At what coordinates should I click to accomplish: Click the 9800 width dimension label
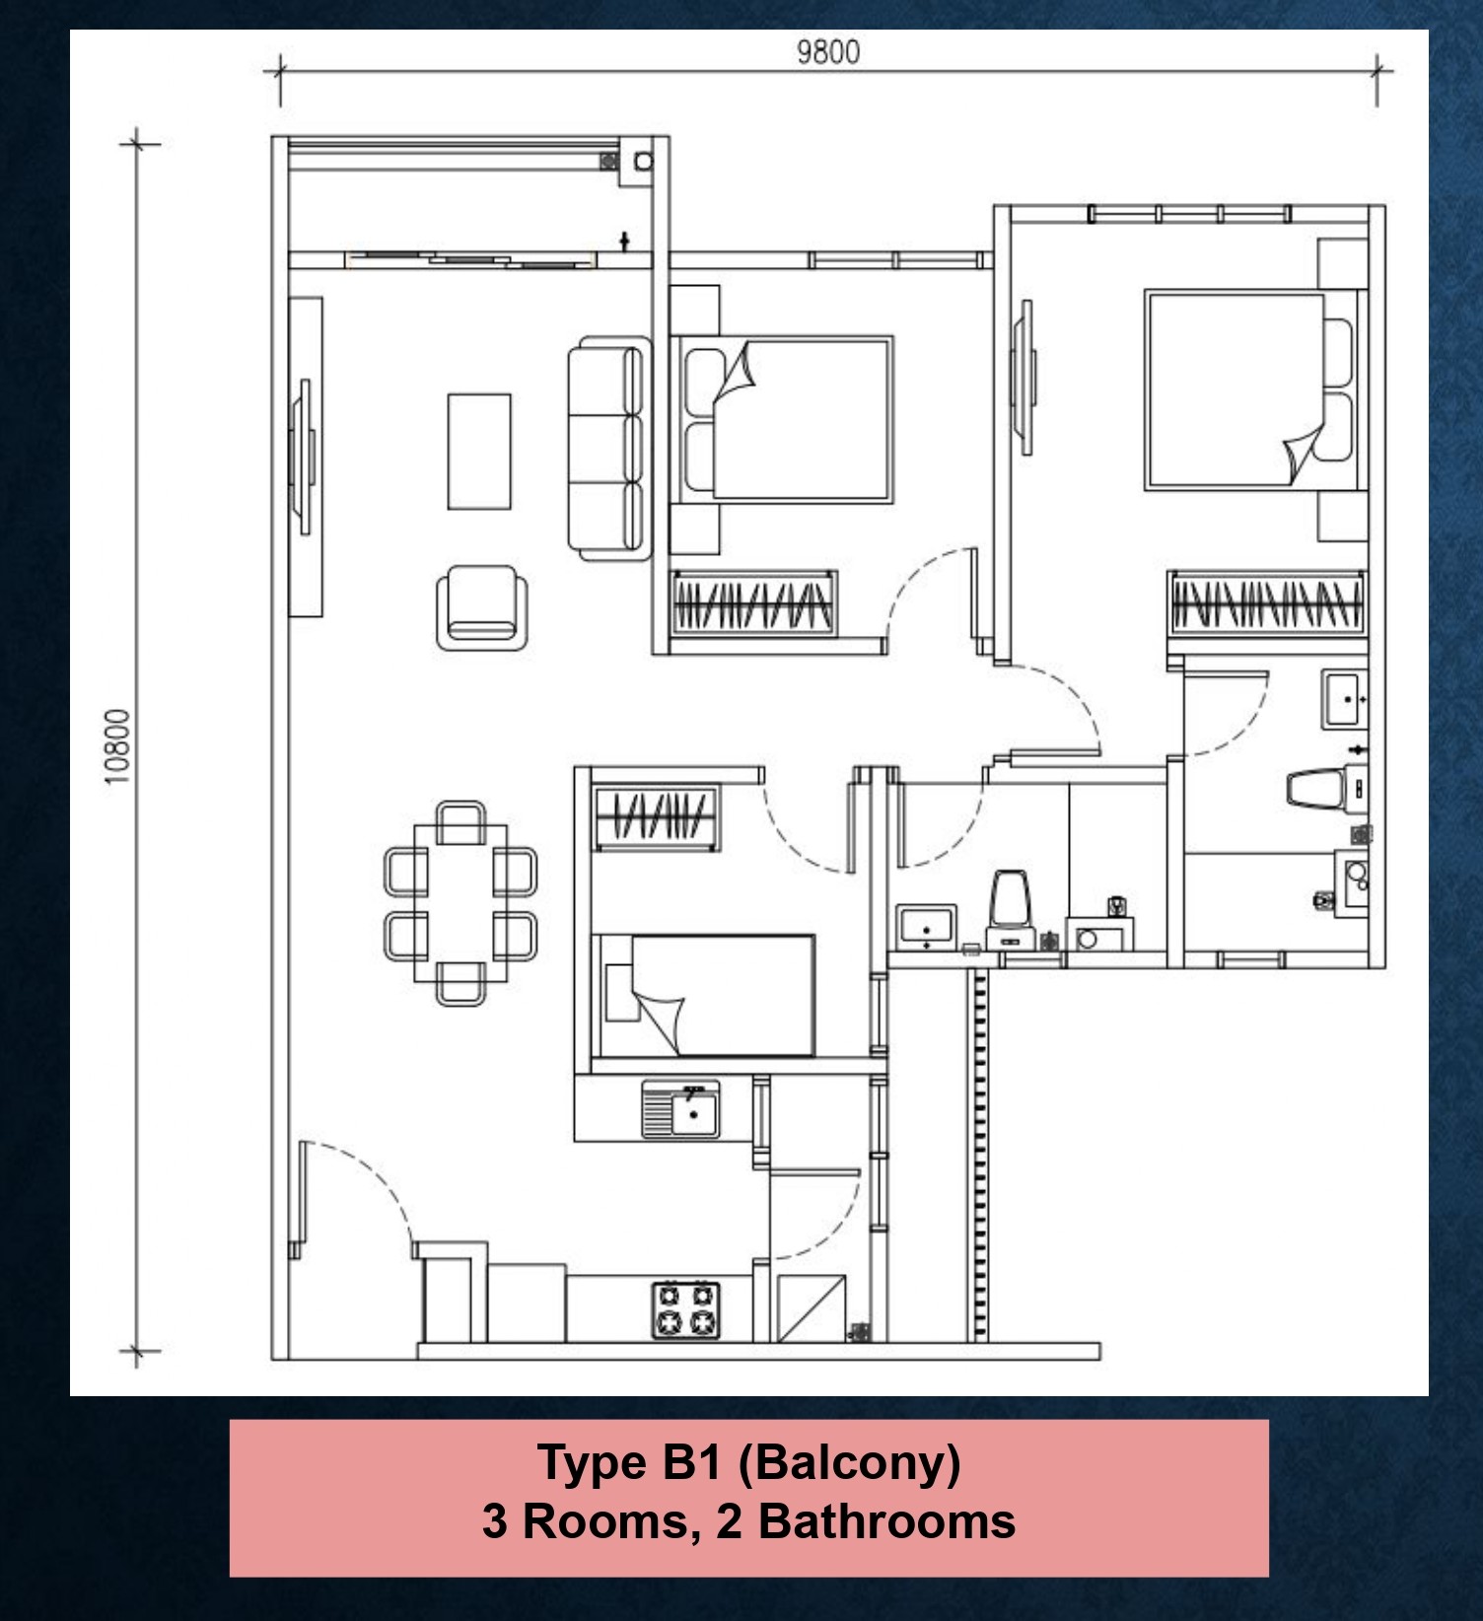[x=827, y=51]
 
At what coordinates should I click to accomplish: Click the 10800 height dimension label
[x=117, y=746]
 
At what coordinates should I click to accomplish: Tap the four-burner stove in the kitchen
[x=685, y=1309]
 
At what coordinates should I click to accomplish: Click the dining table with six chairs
[x=460, y=903]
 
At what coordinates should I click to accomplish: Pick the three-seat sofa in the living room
[x=608, y=449]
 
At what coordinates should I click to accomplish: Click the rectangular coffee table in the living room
[x=479, y=452]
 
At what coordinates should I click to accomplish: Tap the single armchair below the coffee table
[x=481, y=607]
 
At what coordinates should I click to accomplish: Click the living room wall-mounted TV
[x=304, y=458]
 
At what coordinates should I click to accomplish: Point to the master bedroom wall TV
[x=1026, y=377]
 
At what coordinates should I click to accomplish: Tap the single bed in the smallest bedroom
[x=710, y=995]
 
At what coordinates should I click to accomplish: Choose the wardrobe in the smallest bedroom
[x=657, y=817]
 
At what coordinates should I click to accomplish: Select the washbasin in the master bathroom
[x=1345, y=698]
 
